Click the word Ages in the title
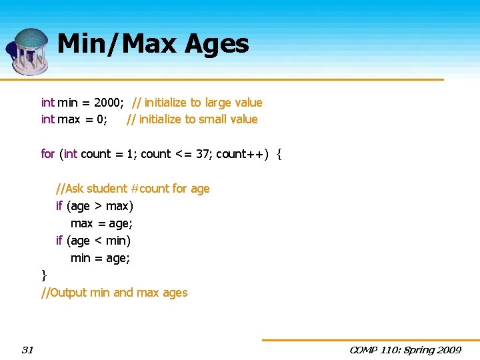click(217, 45)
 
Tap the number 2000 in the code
click(108, 103)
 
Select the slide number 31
click(27, 349)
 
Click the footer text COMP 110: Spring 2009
click(405, 349)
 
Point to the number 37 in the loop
click(203, 154)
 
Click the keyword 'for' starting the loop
click(48, 154)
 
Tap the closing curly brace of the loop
click(44, 275)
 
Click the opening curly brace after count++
click(279, 155)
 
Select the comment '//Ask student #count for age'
click(133, 189)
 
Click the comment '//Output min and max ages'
click(115, 293)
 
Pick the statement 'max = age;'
click(101, 223)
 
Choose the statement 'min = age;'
click(100, 258)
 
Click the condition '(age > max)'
click(100, 206)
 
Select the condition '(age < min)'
click(99, 241)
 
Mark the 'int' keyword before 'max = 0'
click(48, 119)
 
